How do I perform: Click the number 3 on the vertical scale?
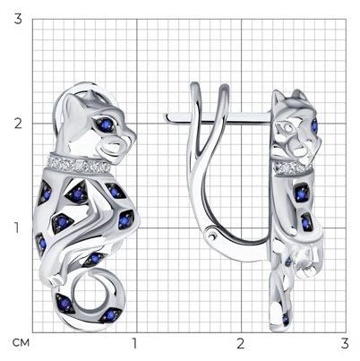18,20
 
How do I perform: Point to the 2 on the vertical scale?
18,124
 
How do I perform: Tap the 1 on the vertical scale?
17,228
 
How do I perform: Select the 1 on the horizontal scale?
134,343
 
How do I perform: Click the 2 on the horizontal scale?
241,343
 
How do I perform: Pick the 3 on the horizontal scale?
345,343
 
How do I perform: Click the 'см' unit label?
21,343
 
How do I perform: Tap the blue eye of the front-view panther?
106,125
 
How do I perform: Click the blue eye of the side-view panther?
314,125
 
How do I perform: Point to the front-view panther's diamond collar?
79,165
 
